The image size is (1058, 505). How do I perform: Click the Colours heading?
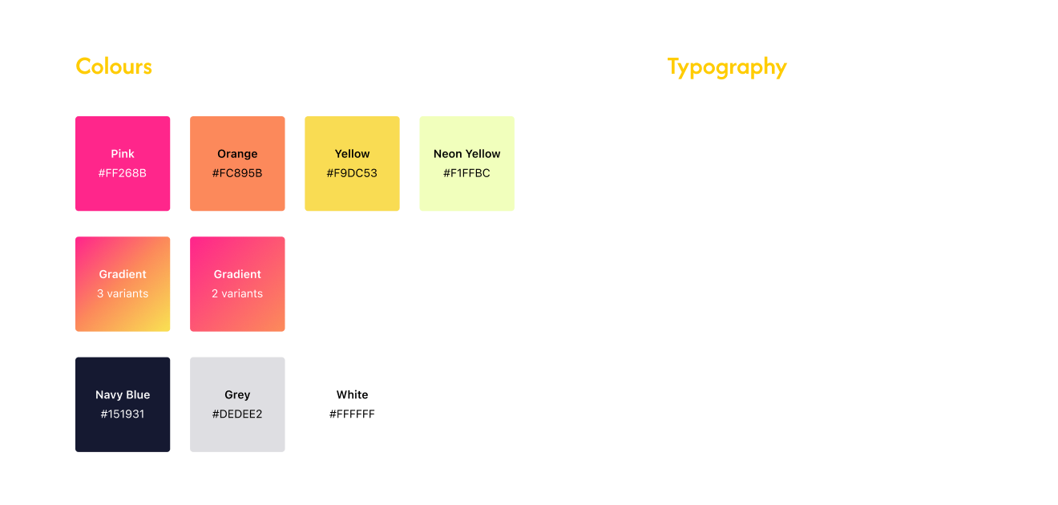click(x=114, y=67)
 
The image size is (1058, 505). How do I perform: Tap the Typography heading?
click(x=726, y=67)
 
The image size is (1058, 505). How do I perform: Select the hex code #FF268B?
click(x=123, y=173)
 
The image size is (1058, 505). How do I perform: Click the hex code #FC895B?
click(x=237, y=173)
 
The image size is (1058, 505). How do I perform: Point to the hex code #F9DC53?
click(x=352, y=173)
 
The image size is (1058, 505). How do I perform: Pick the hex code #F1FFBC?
click(x=466, y=173)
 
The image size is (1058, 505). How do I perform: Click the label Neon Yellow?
click(x=466, y=154)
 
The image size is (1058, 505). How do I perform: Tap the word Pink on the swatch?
click(x=123, y=154)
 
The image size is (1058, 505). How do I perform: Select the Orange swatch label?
click(x=237, y=154)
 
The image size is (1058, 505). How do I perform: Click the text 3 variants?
click(x=123, y=293)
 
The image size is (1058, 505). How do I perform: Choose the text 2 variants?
click(x=237, y=293)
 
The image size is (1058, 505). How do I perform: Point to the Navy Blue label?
click(x=123, y=394)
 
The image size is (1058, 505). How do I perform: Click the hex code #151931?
click(x=123, y=414)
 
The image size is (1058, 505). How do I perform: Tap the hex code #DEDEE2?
click(x=237, y=414)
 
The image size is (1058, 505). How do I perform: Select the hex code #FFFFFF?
click(x=352, y=414)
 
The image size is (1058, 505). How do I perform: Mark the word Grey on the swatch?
click(x=237, y=394)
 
